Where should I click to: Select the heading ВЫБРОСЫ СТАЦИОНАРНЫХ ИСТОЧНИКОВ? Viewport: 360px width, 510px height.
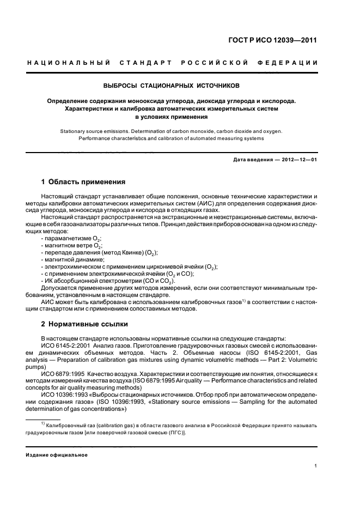172,86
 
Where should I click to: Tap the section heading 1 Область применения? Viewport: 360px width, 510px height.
83,181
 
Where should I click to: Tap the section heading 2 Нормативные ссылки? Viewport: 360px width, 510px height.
84,324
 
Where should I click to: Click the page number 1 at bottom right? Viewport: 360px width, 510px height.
316,465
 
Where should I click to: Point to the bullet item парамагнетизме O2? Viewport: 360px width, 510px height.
71,238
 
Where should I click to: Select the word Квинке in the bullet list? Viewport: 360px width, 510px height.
129,252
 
